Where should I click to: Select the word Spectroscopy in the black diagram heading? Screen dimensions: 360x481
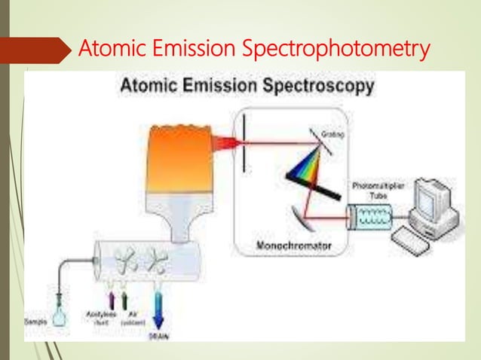point(319,87)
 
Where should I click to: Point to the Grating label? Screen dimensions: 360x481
point(332,134)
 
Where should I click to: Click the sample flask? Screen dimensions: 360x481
point(58,316)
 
